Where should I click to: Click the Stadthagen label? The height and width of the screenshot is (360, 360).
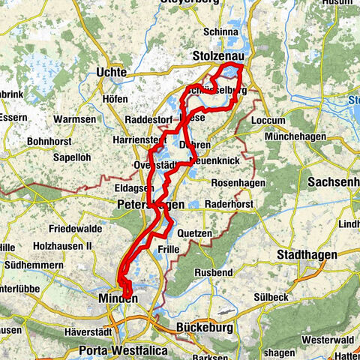coord(302,255)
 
